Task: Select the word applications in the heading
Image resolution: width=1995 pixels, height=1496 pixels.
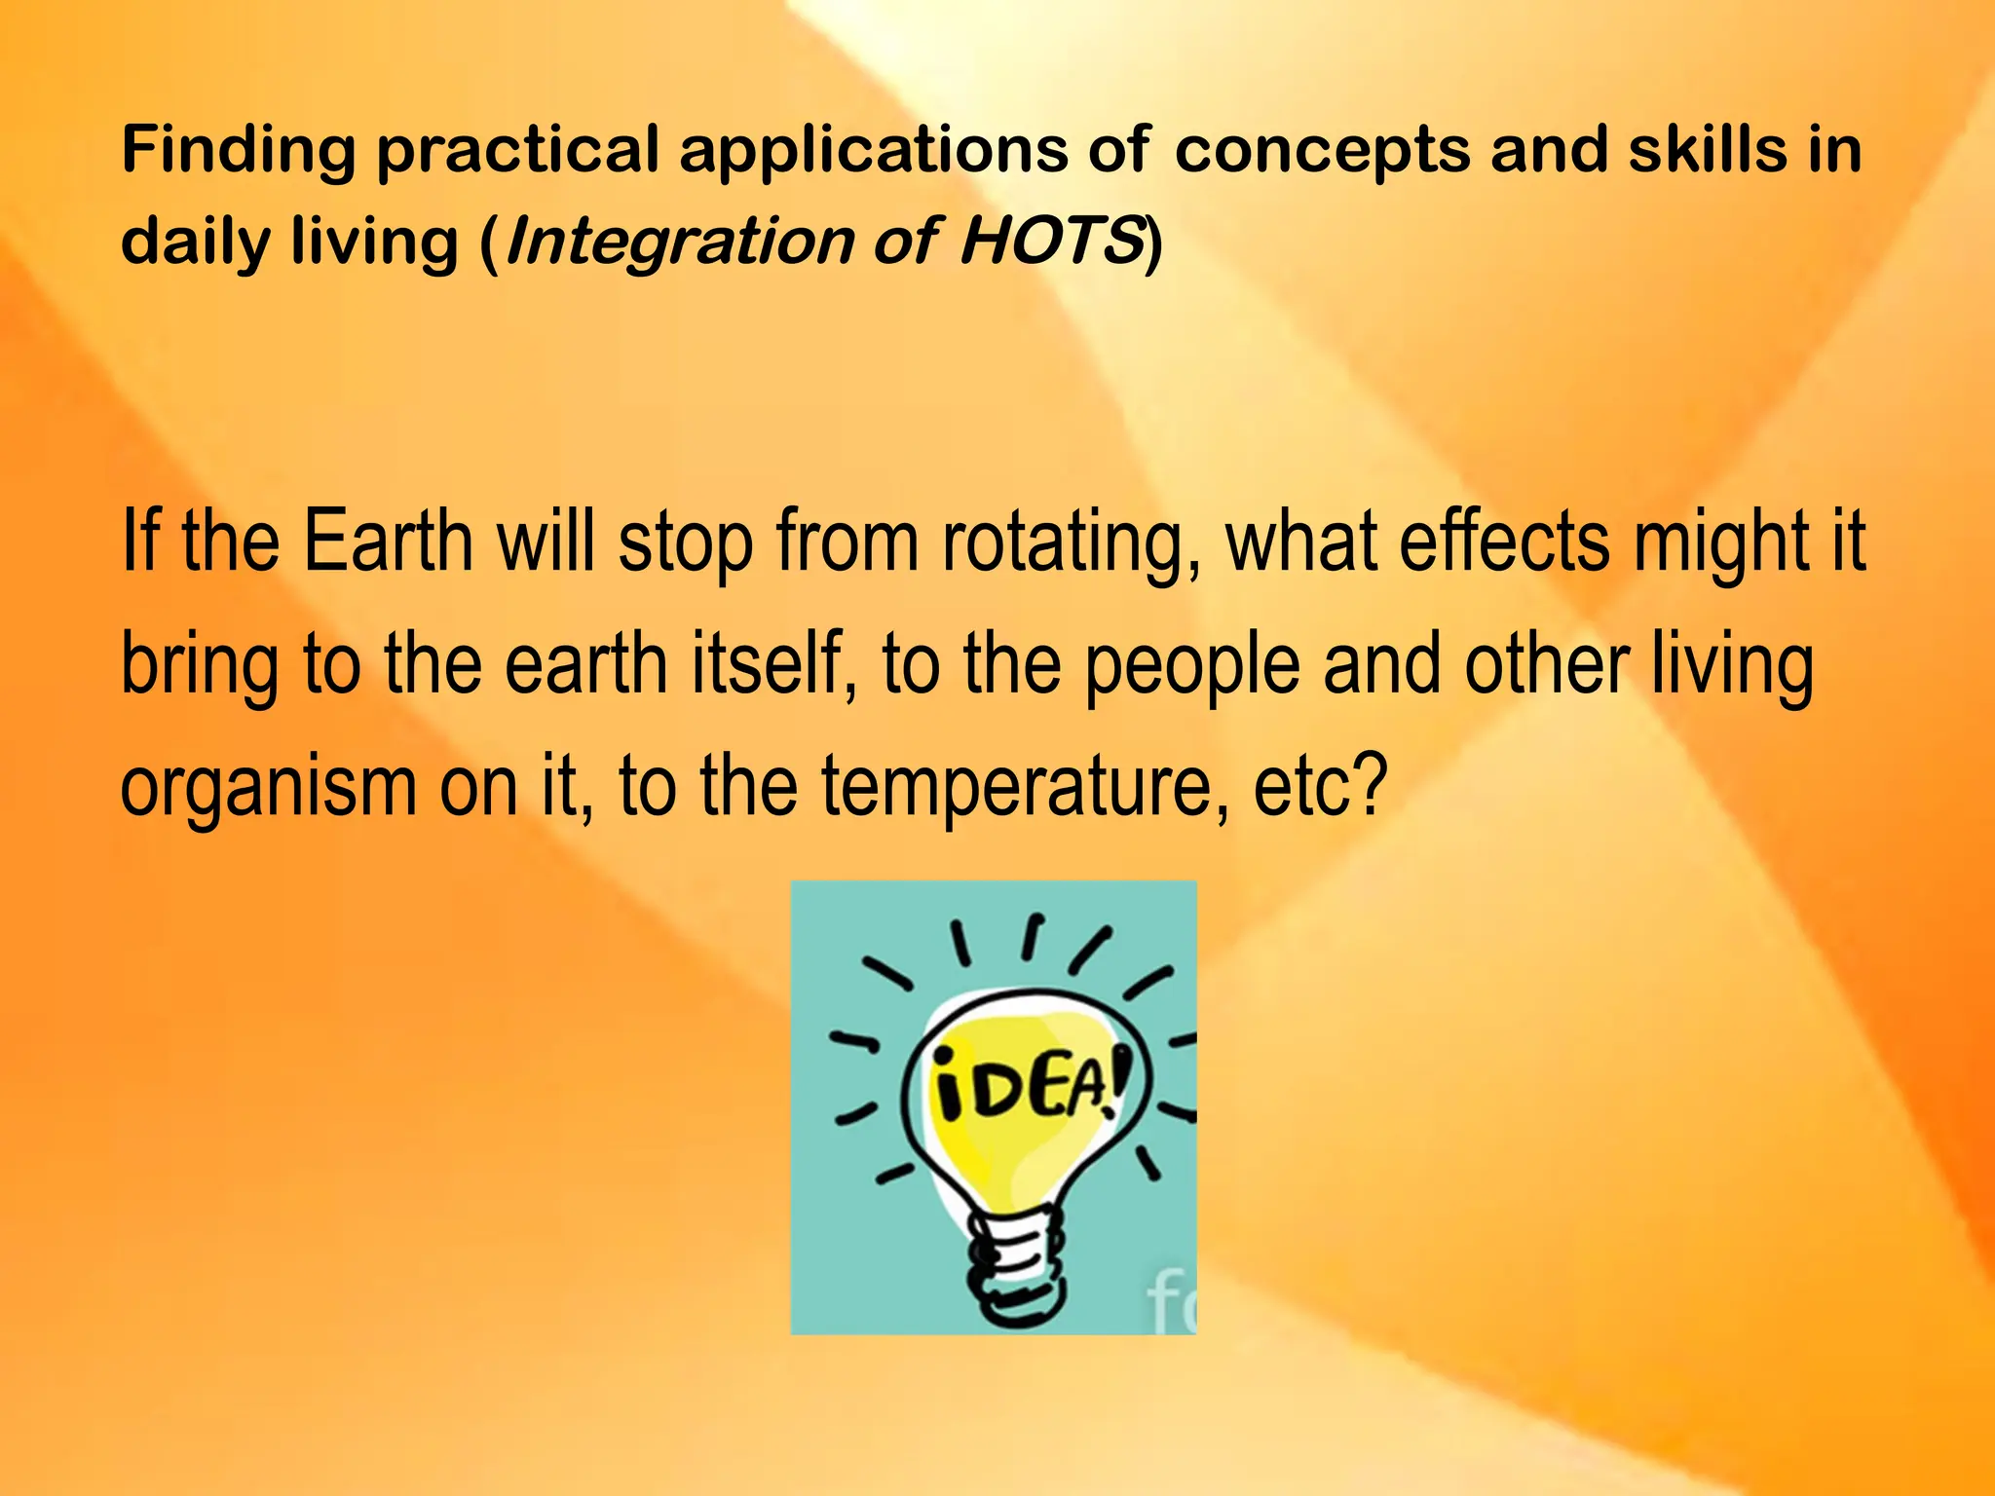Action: [873, 153]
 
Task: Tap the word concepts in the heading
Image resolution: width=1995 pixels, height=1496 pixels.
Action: [1322, 153]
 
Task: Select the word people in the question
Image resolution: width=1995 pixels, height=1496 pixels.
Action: [1191, 668]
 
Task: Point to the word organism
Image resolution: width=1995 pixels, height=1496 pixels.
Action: [268, 789]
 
